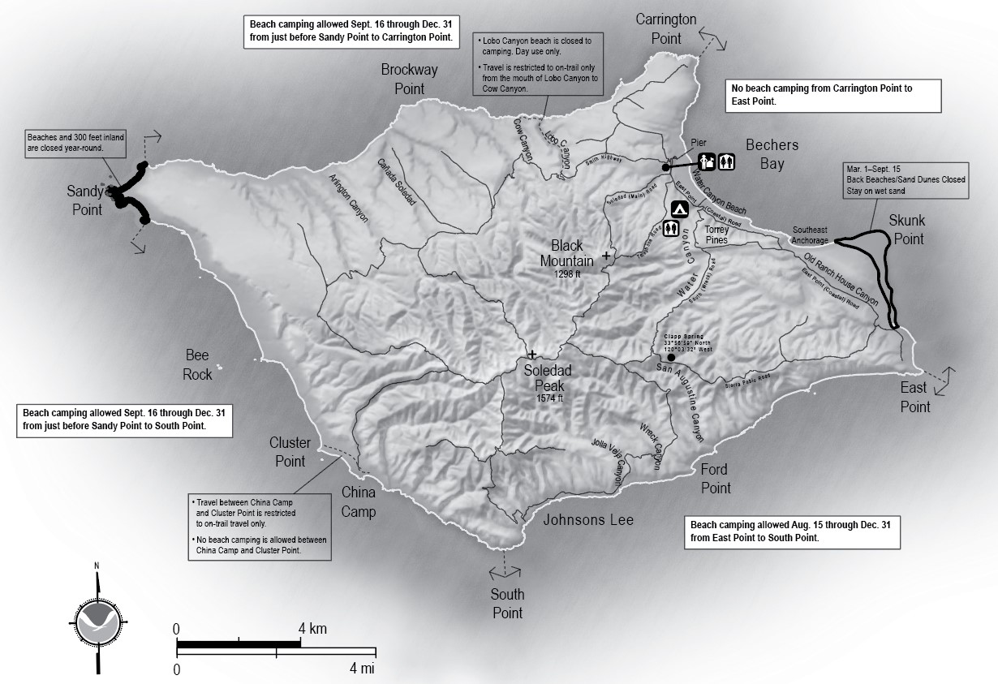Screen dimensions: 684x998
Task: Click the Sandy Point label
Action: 85,200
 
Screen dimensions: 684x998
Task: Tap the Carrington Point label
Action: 666,28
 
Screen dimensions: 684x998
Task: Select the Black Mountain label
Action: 567,252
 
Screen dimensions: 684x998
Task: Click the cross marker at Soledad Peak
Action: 532,355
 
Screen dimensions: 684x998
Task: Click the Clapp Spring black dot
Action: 670,357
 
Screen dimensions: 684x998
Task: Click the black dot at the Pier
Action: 665,167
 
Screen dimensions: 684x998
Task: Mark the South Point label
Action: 508,604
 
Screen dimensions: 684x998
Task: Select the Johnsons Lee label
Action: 588,520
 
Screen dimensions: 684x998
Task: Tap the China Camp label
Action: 359,501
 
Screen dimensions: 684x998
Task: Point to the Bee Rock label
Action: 197,365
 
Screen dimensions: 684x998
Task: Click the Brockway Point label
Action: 410,79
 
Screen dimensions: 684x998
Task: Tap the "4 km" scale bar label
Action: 312,629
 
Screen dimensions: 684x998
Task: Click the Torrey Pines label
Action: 716,234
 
